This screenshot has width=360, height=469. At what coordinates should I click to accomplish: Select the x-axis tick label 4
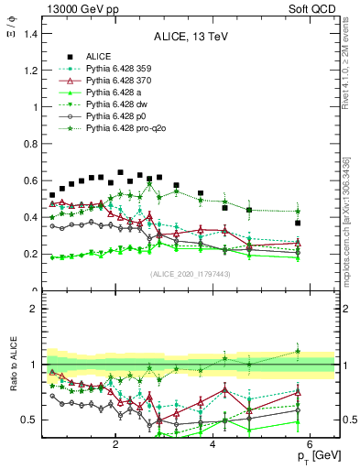tap(213, 445)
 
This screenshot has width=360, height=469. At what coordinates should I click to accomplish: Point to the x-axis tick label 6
tap(311, 445)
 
